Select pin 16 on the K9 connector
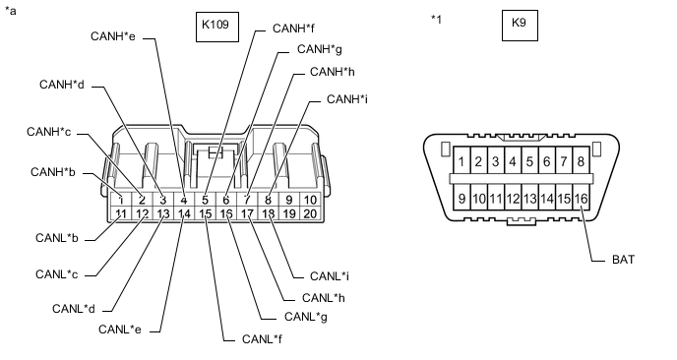click(x=582, y=199)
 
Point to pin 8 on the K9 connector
click(x=582, y=161)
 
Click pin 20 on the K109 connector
click(x=309, y=213)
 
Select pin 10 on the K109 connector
click(x=309, y=200)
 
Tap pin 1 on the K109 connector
click(x=121, y=200)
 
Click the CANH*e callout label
click(x=112, y=37)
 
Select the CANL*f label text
click(x=264, y=339)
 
